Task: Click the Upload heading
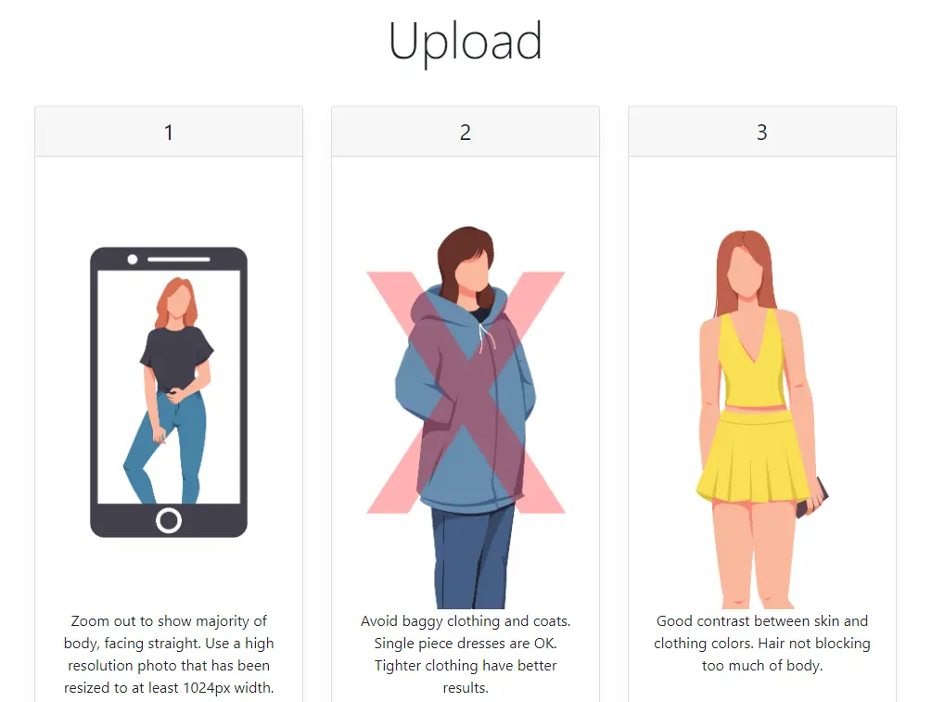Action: [466, 42]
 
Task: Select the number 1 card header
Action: [169, 132]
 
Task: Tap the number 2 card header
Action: [466, 132]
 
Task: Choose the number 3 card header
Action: [762, 132]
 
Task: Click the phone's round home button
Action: [169, 521]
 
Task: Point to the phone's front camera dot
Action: [133, 259]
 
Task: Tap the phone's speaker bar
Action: [179, 259]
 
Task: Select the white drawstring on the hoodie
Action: [486, 336]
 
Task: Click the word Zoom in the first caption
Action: [90, 621]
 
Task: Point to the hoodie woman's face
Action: [473, 272]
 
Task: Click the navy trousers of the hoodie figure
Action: [472, 557]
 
